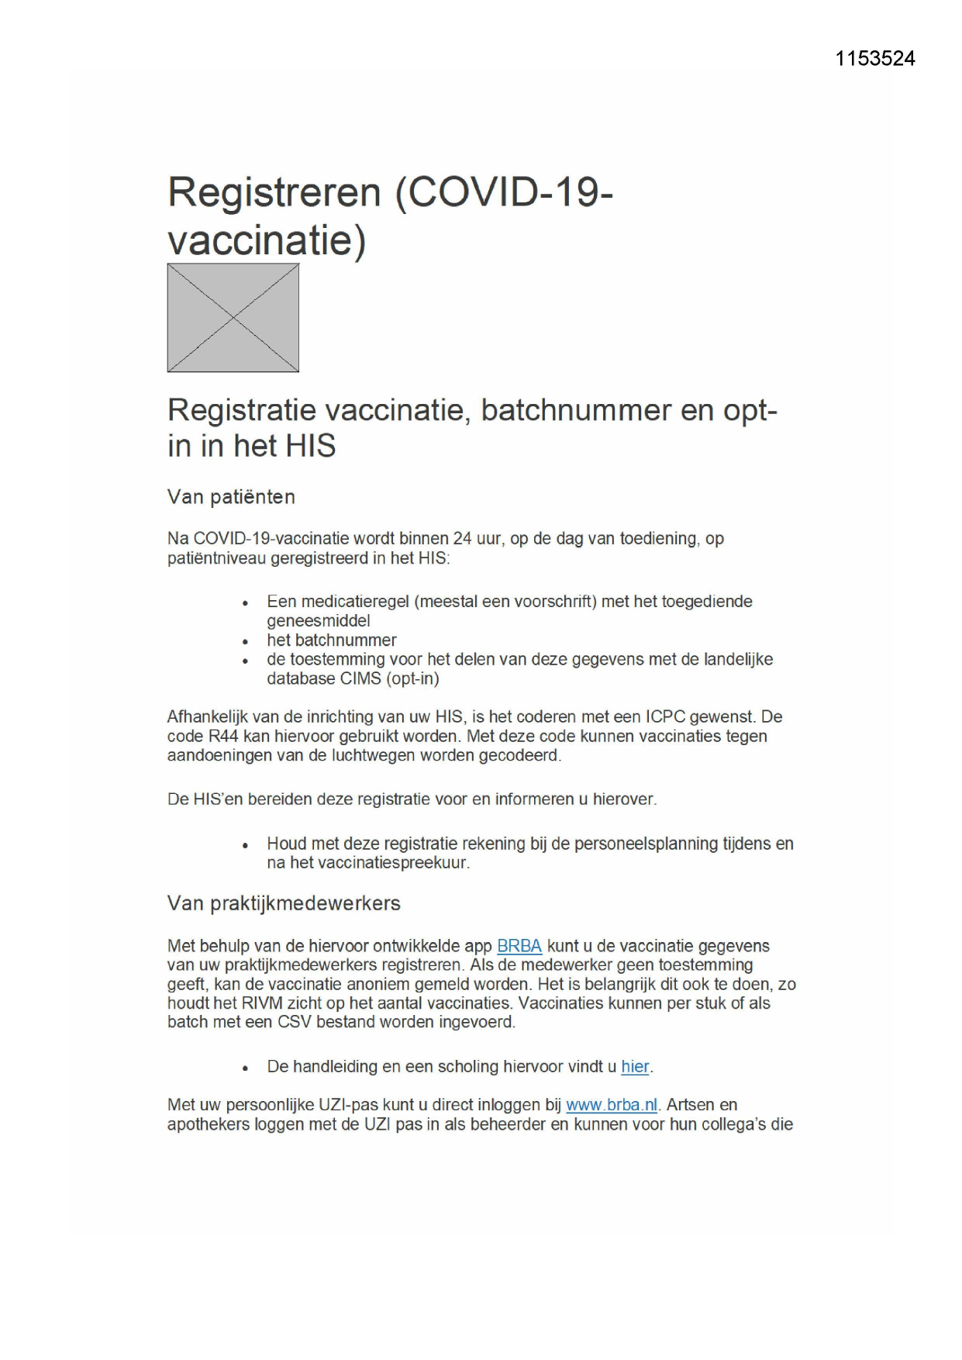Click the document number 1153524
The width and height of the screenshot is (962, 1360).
coord(874,59)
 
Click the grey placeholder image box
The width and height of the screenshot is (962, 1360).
coord(233,318)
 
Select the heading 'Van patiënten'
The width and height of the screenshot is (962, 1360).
coord(231,497)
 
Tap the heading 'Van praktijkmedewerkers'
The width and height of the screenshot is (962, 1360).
coord(284,903)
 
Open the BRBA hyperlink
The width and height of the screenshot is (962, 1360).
coord(519,946)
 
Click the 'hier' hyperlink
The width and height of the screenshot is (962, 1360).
coord(635,1067)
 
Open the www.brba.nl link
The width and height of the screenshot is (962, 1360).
coord(612,1105)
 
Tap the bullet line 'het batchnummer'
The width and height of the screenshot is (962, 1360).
coord(332,640)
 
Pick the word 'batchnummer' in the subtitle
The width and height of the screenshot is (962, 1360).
coord(576,410)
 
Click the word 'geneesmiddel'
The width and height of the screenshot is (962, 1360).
coord(319,620)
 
